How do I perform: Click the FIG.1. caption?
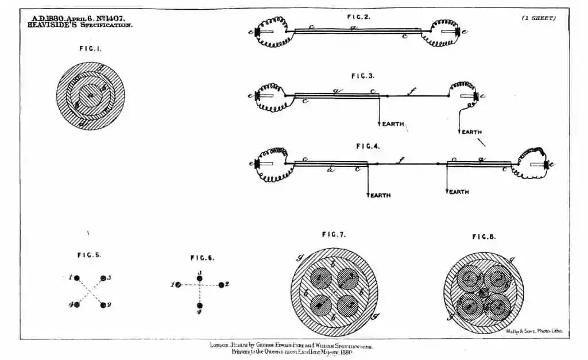pyautogui.click(x=90, y=49)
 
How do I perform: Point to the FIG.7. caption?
pyautogui.click(x=334, y=234)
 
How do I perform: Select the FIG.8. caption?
pyautogui.click(x=484, y=237)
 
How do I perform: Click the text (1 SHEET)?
pyautogui.click(x=538, y=18)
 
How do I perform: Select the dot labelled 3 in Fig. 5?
pyautogui.click(x=103, y=278)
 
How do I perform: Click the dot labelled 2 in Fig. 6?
pyautogui.click(x=220, y=284)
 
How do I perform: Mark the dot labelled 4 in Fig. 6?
pyautogui.click(x=199, y=305)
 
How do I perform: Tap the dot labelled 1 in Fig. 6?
pyautogui.click(x=179, y=284)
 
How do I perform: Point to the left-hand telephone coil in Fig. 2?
pyautogui.click(x=270, y=32)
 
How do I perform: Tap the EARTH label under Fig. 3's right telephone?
pyautogui.click(x=471, y=132)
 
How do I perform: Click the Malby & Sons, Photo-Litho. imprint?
pyautogui.click(x=534, y=331)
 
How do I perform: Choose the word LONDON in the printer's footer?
pyautogui.click(x=219, y=346)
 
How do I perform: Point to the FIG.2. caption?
pyautogui.click(x=359, y=17)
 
